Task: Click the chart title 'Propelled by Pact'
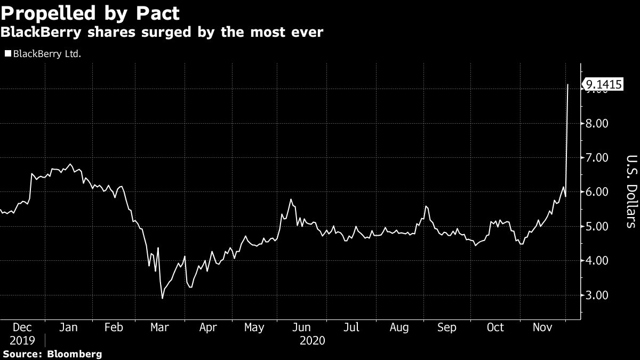pos(90,12)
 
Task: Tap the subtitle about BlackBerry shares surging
pos(162,33)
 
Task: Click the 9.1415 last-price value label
pos(604,84)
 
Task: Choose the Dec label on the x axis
pos(22,327)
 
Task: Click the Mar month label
pos(160,327)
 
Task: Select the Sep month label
pos(447,327)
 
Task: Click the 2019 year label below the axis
pos(22,340)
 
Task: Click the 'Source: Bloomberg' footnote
pos(52,354)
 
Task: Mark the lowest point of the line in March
pos(162,298)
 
